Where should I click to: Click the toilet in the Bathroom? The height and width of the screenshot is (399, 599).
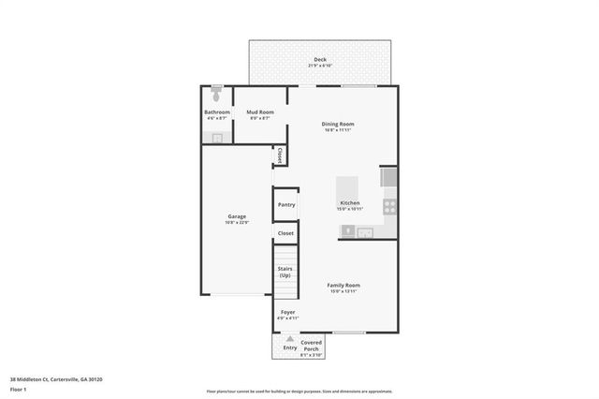coord(217,94)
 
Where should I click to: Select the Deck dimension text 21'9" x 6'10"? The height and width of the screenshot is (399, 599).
coord(320,66)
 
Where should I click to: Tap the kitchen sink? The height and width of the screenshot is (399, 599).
coord(365,231)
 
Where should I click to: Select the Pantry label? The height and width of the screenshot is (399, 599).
coord(285,204)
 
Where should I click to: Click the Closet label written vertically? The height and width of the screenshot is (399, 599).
coord(279,155)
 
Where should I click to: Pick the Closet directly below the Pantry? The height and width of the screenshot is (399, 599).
coord(285,233)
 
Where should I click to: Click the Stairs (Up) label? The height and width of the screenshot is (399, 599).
coord(285,272)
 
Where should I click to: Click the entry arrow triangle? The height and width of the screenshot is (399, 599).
coord(290,338)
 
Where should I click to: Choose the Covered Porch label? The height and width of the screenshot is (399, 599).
coord(312,346)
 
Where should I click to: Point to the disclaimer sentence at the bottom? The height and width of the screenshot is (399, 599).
coord(299,392)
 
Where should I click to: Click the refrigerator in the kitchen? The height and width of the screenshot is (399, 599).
coord(388,177)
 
